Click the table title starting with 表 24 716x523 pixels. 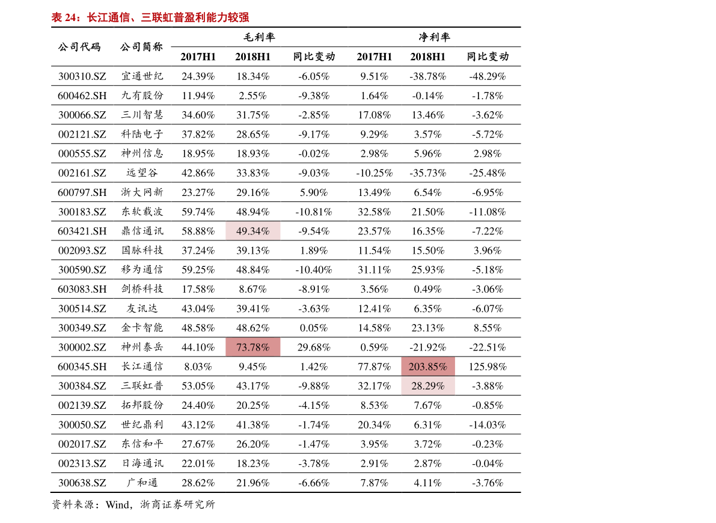point(150,17)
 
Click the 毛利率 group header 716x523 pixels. point(259,37)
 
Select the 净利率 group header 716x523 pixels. point(434,37)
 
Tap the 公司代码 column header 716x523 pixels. point(79,47)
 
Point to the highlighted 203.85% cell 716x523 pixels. point(428,366)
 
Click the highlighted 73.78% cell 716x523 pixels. point(252,347)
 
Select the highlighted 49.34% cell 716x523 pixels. point(252,231)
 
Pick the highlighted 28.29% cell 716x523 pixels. point(428,386)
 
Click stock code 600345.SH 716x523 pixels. point(82,367)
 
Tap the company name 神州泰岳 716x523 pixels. point(142,347)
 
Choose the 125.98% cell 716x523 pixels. point(488,367)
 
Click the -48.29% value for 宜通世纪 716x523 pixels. point(488,76)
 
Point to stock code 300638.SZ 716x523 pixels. point(82,483)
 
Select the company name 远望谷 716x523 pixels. point(142,173)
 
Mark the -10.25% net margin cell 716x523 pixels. point(375,173)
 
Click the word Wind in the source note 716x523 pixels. point(117,505)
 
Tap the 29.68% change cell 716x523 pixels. point(314,347)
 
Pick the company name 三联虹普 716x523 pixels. point(142,386)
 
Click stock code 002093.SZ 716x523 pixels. point(82,250)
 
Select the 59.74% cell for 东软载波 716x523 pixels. point(198,212)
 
